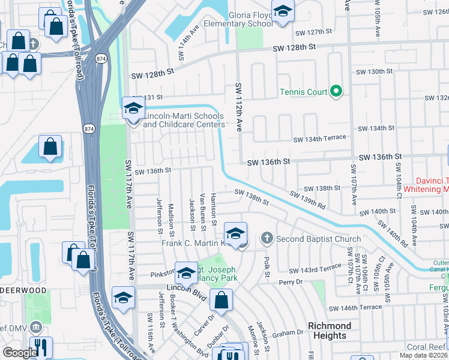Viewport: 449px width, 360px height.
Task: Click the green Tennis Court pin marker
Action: (x=336, y=92)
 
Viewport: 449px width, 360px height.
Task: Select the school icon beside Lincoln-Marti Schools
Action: (x=133, y=109)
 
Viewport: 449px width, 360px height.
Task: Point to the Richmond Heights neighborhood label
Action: (x=330, y=331)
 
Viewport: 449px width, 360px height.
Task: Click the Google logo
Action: (x=19, y=352)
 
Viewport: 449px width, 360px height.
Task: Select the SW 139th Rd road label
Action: (x=307, y=200)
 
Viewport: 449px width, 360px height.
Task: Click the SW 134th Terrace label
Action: (x=319, y=139)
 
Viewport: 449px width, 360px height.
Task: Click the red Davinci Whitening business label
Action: (x=432, y=184)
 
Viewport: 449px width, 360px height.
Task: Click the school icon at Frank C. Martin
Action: (x=236, y=234)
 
